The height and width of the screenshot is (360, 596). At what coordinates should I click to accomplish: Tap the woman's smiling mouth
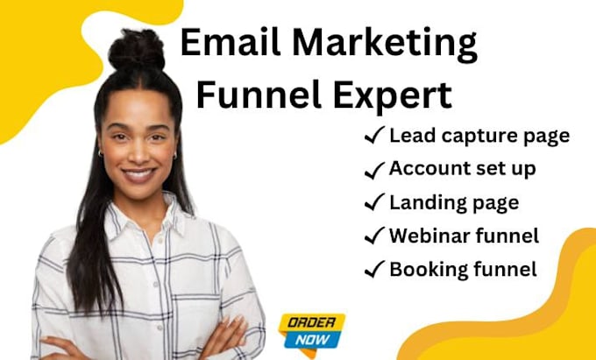coord(138,175)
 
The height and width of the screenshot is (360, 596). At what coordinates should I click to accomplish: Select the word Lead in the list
coord(410,135)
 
